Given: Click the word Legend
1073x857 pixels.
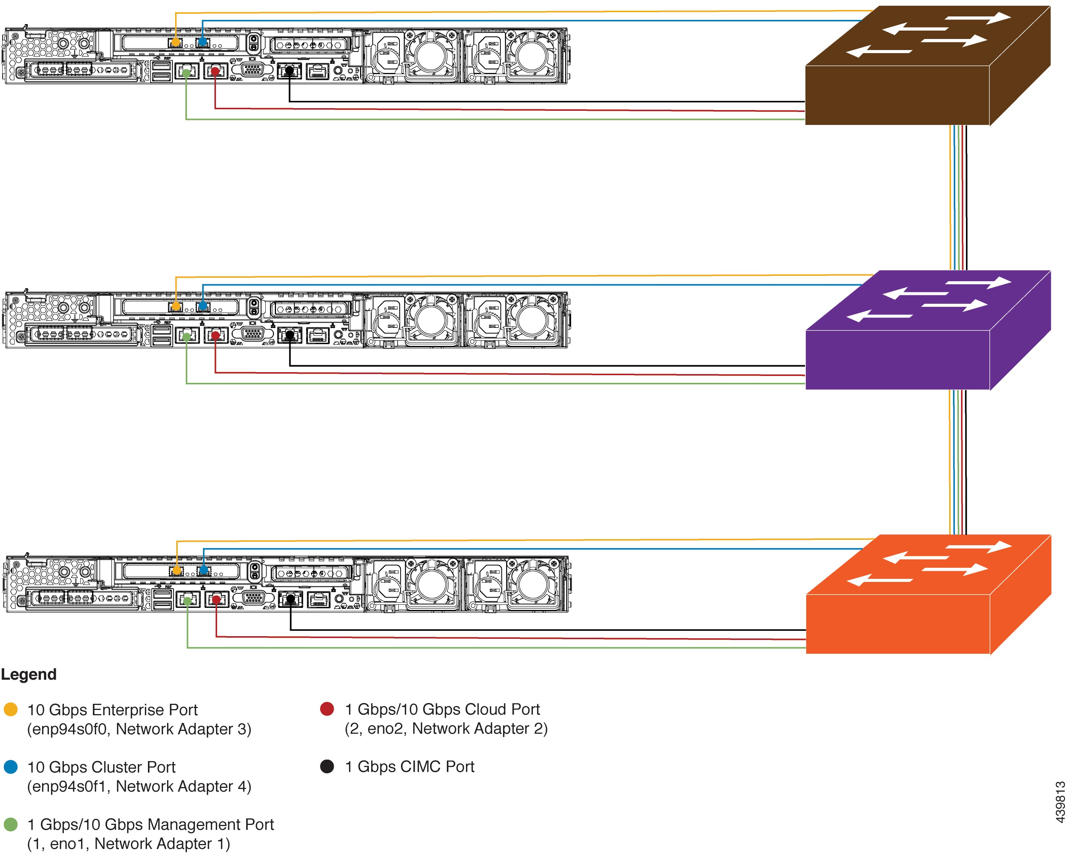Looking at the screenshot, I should pyautogui.click(x=29, y=674).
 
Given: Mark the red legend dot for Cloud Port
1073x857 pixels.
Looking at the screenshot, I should pyautogui.click(x=327, y=709).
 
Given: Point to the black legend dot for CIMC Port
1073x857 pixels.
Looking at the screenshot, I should pyautogui.click(x=327, y=766).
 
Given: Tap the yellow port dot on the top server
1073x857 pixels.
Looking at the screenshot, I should pyautogui.click(x=176, y=42).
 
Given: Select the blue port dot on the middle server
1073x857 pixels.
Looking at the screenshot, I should pyautogui.click(x=203, y=306).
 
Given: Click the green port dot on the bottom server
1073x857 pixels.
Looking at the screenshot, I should pyautogui.click(x=187, y=601).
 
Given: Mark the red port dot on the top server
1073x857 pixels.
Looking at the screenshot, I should pyautogui.click(x=215, y=71).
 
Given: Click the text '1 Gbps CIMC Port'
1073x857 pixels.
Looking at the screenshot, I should pyautogui.click(x=410, y=766).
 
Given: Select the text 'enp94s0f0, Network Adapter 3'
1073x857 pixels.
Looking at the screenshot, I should pyautogui.click(x=140, y=729).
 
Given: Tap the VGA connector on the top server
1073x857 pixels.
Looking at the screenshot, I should pyautogui.click(x=253, y=70).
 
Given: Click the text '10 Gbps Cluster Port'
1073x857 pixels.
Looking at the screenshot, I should pyautogui.click(x=102, y=767).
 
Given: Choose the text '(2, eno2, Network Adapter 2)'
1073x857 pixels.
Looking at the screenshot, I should pyautogui.click(x=446, y=729).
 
